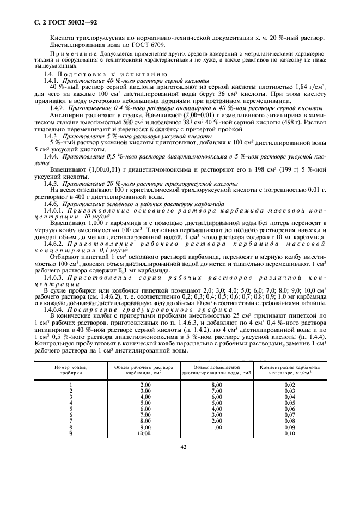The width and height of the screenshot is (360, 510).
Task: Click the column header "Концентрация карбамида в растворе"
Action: (x=290, y=371)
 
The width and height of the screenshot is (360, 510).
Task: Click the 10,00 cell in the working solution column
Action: (x=144, y=433)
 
